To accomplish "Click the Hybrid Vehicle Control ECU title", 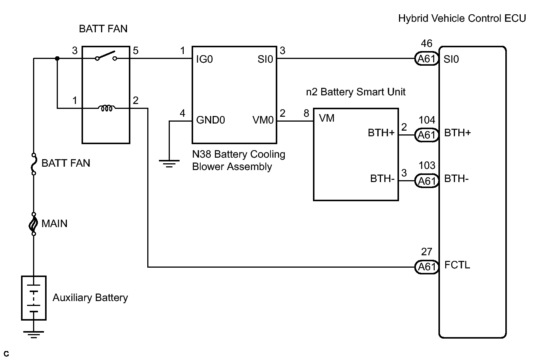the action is [x=462, y=19].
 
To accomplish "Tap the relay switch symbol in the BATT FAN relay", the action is [x=106, y=56].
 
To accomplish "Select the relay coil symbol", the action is [x=107, y=108].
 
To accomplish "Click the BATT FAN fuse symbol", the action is [x=34, y=164].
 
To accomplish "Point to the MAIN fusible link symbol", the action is [x=33, y=224].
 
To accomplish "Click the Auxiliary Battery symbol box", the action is [x=34, y=298].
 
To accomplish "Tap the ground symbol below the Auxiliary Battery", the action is [x=34, y=334].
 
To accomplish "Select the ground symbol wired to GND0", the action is [x=169, y=164].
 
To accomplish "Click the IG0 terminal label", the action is [x=204, y=59].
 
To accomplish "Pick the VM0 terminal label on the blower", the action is [x=263, y=120].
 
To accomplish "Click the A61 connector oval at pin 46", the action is [x=426, y=59].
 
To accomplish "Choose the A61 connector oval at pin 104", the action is [x=426, y=135].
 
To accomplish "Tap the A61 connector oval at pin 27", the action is [x=426, y=267].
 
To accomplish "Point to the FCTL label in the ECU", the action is [x=457, y=265].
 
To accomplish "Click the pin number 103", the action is [x=427, y=165].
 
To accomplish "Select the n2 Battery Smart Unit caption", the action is [x=356, y=92].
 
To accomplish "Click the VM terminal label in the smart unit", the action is [x=327, y=118].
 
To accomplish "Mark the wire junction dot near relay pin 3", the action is [x=57, y=59].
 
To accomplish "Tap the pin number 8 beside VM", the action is [x=307, y=113].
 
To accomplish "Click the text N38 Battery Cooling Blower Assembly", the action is [x=239, y=161].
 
